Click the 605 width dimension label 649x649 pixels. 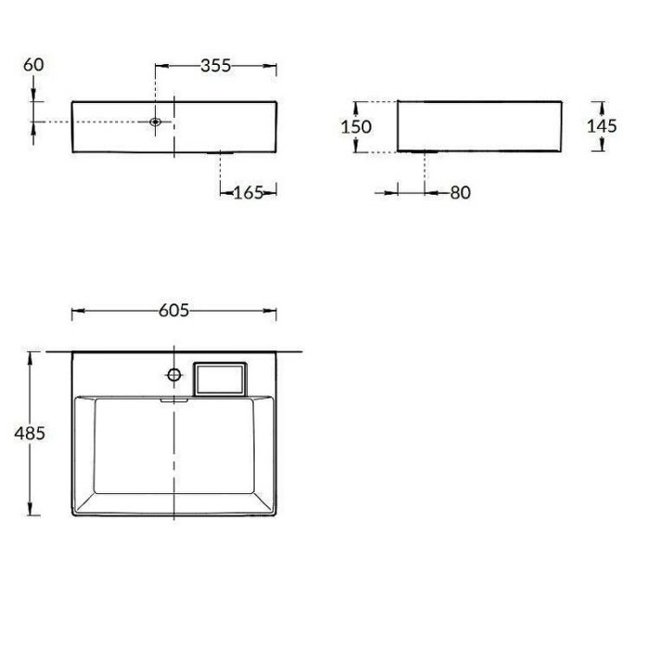pos(174,311)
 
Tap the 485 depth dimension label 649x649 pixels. pos(31,433)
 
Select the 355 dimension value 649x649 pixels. pos(215,66)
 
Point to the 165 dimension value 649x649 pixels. pos(248,192)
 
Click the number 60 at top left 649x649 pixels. pos(33,64)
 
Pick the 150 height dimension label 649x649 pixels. pos(356,126)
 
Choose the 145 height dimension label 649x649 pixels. pos(602,126)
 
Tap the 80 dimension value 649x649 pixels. pos(461,192)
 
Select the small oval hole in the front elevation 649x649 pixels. pos(156,121)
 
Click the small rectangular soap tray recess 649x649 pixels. pos(220,377)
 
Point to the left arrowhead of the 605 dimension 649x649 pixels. pos(77,311)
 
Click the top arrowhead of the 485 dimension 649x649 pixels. pos(33,357)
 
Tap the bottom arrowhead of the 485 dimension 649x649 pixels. pos(33,511)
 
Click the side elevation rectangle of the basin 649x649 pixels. pos(479,125)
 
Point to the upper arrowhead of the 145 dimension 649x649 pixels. pos(601,105)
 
